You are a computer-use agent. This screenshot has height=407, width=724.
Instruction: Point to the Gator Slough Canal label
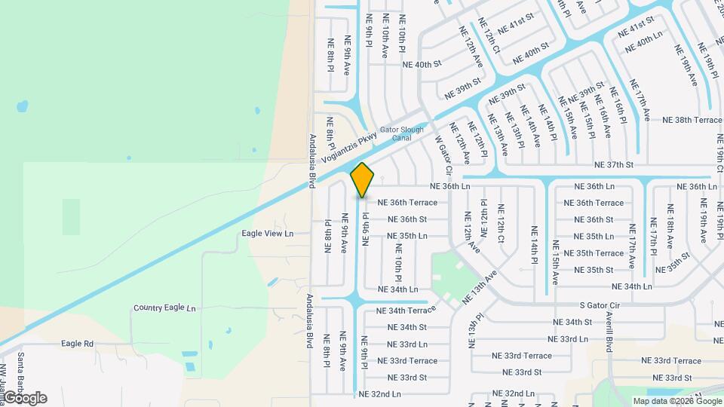(401, 133)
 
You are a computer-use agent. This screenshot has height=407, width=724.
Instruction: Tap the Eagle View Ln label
(267, 234)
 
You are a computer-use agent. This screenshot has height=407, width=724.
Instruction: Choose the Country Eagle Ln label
(164, 308)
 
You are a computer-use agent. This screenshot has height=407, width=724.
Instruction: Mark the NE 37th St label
(614, 164)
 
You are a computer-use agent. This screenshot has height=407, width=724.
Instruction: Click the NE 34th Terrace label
(406, 311)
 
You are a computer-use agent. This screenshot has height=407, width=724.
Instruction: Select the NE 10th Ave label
(385, 36)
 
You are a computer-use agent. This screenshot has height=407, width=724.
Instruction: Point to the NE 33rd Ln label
(407, 344)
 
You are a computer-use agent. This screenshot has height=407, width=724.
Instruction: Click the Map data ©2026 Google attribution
(676, 401)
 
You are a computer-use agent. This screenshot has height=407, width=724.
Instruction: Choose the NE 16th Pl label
(618, 104)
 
